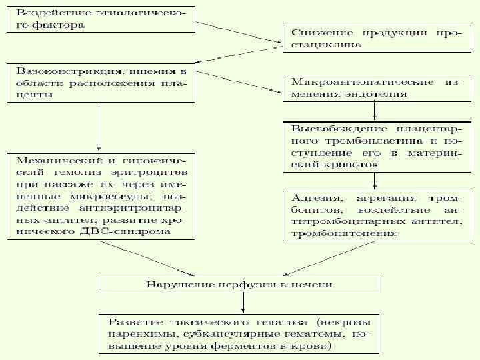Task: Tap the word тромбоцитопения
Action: coord(344,233)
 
